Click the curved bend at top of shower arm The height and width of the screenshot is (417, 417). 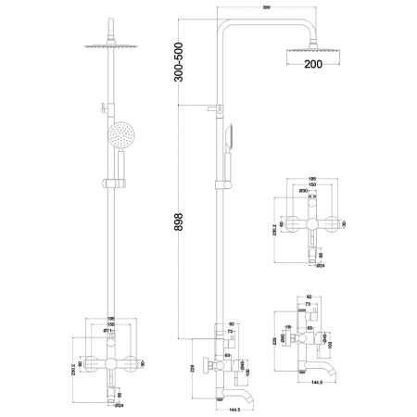(225, 25)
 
